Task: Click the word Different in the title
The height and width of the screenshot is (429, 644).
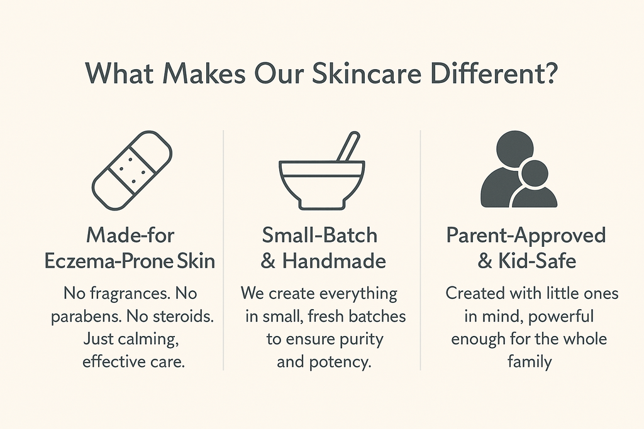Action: (x=484, y=73)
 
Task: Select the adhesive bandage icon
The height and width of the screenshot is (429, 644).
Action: (x=132, y=171)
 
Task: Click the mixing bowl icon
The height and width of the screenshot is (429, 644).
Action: (x=321, y=185)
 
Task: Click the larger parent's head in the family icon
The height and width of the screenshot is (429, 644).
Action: (x=514, y=148)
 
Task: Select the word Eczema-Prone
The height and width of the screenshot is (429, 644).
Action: (x=109, y=261)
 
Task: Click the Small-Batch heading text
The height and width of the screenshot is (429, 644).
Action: (x=319, y=236)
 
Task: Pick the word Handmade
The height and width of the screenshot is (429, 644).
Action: (x=334, y=261)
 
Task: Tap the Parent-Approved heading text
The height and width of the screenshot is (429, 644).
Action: (x=526, y=236)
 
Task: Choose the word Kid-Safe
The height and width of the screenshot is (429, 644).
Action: (x=537, y=261)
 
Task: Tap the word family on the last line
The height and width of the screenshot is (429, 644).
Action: (x=530, y=362)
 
